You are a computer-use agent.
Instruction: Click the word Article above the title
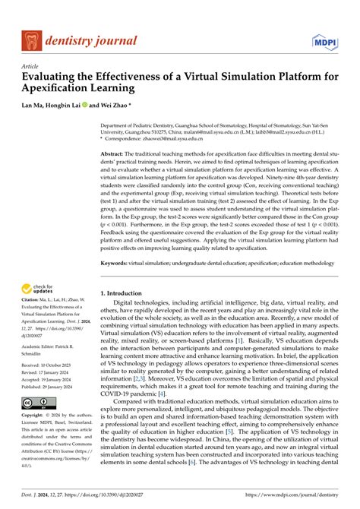(x=30, y=66)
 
